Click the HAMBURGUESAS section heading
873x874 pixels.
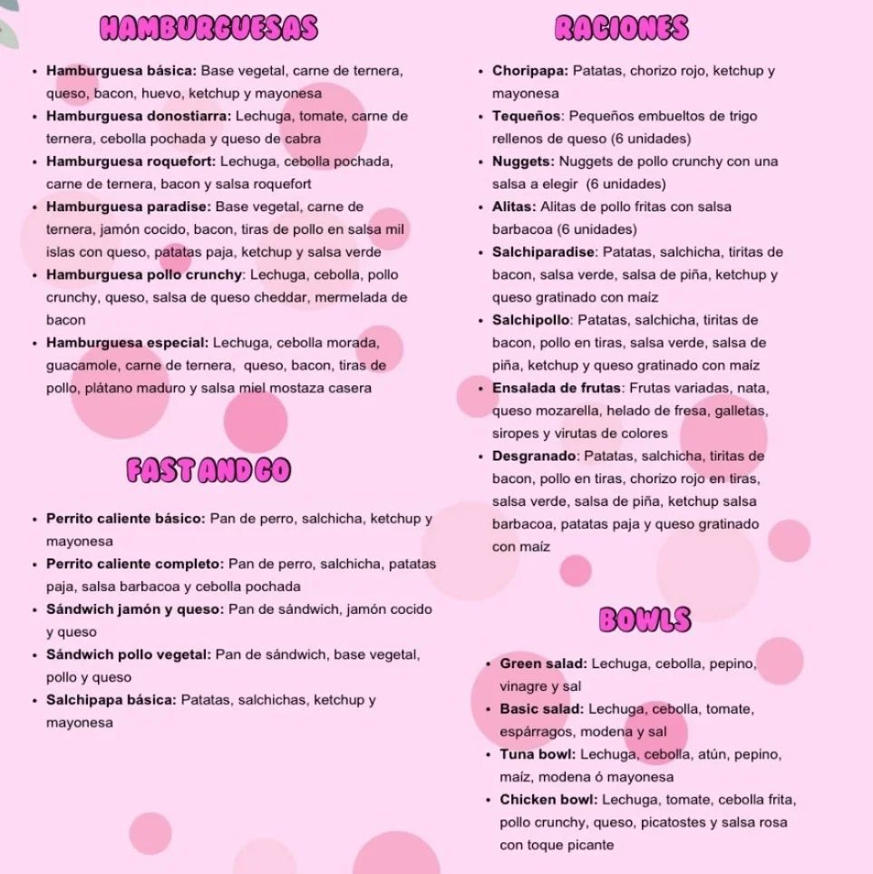click(209, 28)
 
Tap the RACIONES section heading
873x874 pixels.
click(622, 28)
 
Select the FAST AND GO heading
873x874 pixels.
click(209, 470)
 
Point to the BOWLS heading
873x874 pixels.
click(645, 620)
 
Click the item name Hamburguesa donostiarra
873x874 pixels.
click(140, 116)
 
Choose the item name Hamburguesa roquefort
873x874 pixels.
click(131, 161)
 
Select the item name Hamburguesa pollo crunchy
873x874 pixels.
click(145, 275)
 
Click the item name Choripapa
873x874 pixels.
click(530, 71)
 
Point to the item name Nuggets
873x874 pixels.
click(523, 161)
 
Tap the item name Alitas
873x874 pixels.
click(514, 207)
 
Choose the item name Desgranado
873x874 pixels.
click(535, 456)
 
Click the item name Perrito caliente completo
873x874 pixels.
click(135, 564)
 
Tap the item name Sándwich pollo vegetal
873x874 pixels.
click(129, 655)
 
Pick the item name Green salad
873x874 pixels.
click(543, 664)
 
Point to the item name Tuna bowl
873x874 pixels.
click(538, 754)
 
